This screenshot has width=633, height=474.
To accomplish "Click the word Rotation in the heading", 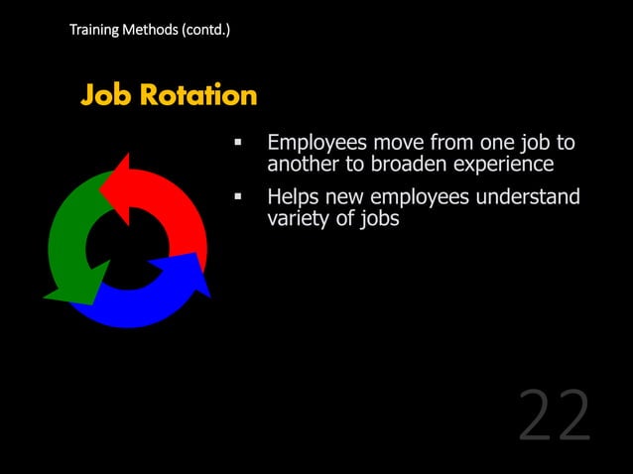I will point(197,95).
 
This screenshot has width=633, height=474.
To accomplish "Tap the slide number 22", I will point(554,416).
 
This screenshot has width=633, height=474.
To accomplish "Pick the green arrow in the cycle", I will point(69,248).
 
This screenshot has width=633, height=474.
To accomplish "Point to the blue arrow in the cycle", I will point(159,293).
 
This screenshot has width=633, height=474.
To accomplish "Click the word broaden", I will point(408,165).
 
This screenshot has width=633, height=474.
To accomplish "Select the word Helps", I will point(295,197).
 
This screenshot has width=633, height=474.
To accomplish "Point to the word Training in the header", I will point(92,30).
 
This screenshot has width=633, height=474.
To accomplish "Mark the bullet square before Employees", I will point(238,145).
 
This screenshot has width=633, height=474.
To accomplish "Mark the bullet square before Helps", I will point(238,198).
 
